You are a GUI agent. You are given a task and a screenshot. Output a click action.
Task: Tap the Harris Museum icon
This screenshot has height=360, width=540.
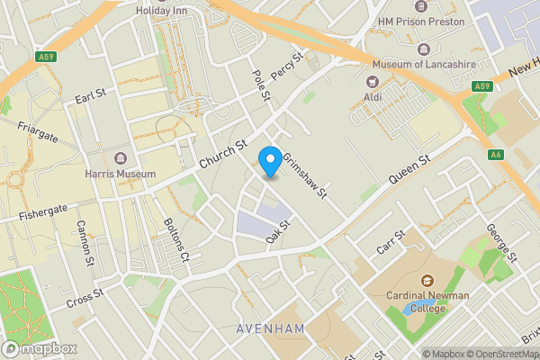pyautogui.click(x=120, y=158)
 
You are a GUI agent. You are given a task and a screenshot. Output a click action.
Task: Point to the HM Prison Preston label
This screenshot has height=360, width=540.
pyautogui.click(x=421, y=21)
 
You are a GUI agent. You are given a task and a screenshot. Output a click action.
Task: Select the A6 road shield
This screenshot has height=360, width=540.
pyautogui.click(x=496, y=155)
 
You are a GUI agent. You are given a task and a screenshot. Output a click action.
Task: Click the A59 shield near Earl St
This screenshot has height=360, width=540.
pyautogui.click(x=46, y=57)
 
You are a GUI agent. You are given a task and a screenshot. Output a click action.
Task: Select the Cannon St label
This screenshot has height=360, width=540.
pyautogui.click(x=85, y=243)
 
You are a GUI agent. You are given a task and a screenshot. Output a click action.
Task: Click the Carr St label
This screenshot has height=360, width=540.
pyautogui.click(x=392, y=241)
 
